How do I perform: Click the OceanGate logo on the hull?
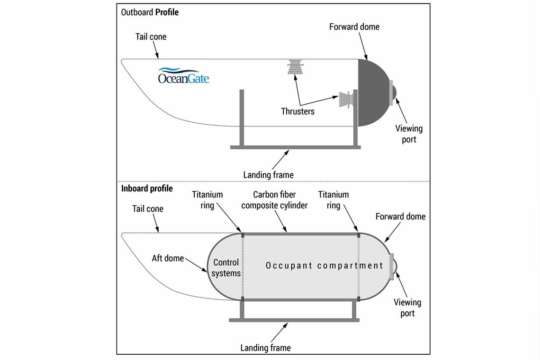[x=183, y=76]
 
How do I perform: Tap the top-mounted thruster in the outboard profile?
[x=296, y=67]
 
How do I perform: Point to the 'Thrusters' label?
[x=297, y=111]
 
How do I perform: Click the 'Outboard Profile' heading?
[x=150, y=12]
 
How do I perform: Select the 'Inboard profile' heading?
[x=147, y=189]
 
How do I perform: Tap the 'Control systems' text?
[x=226, y=268]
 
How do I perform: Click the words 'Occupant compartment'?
[x=324, y=265]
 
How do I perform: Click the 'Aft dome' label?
[x=168, y=258]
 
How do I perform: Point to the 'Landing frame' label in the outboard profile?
[x=268, y=175]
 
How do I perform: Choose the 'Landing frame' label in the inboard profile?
[x=265, y=348]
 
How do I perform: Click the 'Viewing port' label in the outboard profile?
[x=409, y=134]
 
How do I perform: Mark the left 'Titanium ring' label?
[x=207, y=200]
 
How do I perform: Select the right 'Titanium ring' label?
[x=333, y=200]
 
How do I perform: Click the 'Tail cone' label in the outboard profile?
[x=151, y=36]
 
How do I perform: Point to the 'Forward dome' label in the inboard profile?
[x=400, y=216]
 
